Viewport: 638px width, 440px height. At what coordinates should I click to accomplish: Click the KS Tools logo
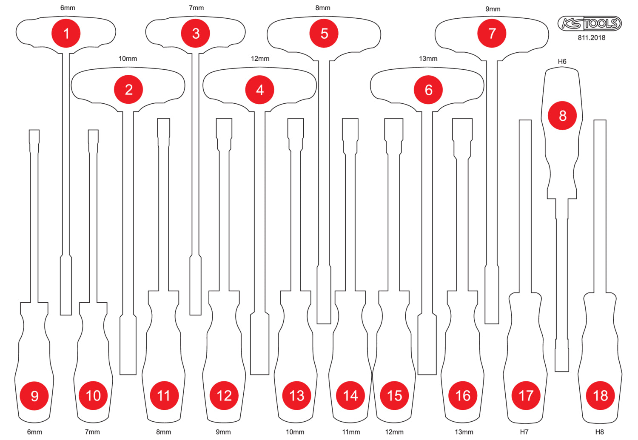589,23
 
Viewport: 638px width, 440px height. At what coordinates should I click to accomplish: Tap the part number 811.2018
591,37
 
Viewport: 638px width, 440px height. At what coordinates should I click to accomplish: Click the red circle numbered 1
66,33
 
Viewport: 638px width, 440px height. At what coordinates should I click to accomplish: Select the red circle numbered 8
562,116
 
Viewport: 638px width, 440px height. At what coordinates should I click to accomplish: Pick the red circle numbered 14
350,396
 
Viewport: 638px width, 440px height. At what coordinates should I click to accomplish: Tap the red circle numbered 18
601,396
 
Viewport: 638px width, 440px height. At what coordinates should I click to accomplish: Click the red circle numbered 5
324,33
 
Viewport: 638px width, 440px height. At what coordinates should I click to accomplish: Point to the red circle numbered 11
164,396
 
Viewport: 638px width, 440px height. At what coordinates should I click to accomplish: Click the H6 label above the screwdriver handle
562,62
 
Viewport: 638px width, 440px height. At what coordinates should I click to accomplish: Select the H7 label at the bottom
524,432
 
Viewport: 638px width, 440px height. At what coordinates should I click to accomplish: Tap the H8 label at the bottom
600,432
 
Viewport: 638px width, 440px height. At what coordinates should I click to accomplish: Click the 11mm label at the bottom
351,432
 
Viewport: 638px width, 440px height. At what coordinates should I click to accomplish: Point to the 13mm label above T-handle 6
428,59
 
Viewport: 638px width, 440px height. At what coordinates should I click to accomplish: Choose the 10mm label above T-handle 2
128,59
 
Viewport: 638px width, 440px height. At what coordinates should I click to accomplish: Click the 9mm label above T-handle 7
493,9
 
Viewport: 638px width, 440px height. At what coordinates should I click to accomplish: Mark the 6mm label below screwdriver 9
34,432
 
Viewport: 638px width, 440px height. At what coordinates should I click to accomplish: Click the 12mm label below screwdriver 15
394,432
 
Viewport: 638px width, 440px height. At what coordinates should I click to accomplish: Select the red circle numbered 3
195,33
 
